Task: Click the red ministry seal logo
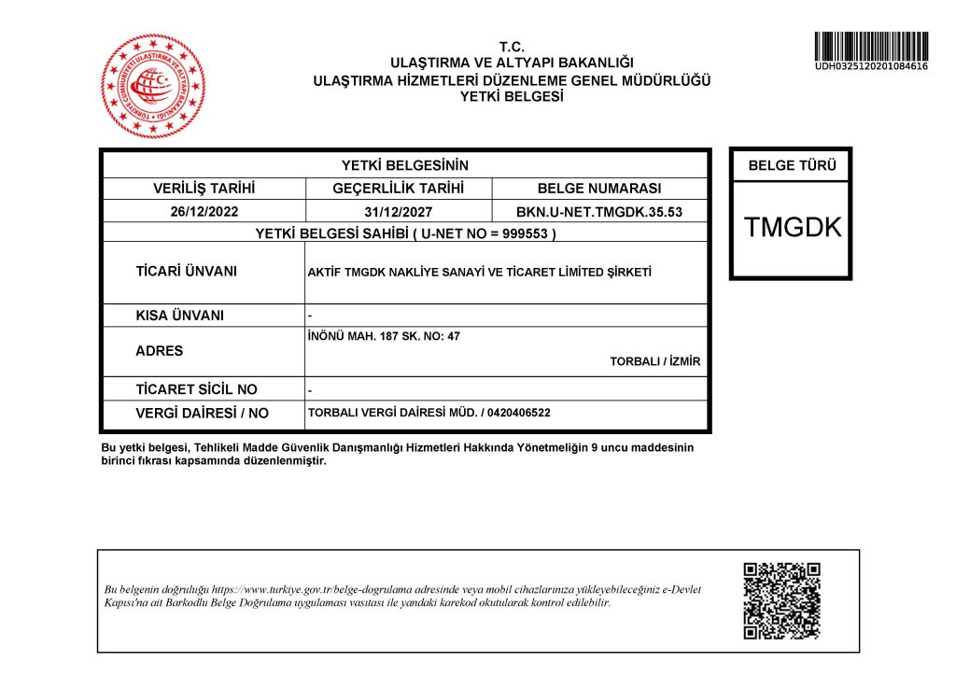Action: pos(153,86)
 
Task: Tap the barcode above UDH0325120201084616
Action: pos(870,47)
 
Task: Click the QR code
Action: pos(781,601)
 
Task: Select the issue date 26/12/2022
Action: pos(204,212)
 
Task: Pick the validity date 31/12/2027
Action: pos(399,212)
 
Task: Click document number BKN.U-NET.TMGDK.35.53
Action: pos(599,212)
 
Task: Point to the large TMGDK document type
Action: pos(793,227)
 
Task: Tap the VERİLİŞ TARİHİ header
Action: pos(204,189)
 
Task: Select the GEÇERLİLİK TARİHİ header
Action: pos(399,189)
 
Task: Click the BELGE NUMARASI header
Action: pos(599,189)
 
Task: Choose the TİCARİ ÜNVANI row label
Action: pos(186,272)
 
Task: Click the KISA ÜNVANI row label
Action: pos(179,316)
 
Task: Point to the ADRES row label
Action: pos(160,351)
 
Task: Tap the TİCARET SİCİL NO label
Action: pos(196,389)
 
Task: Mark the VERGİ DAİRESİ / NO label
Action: pos(202,413)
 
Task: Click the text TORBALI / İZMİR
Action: pos(655,361)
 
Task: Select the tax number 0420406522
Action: pos(519,413)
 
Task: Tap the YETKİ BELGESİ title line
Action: pos(512,95)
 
